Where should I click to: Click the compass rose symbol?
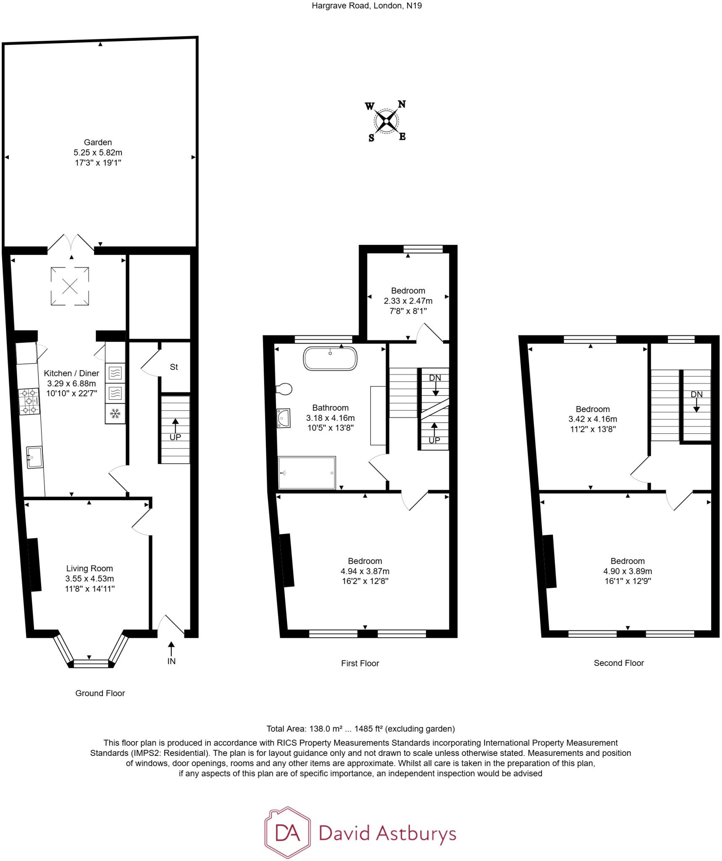point(386,121)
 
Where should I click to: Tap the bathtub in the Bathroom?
point(330,358)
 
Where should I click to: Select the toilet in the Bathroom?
point(284,389)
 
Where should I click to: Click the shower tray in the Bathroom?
point(307,473)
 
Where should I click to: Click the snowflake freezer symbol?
point(115,414)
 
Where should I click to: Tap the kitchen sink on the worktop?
point(34,457)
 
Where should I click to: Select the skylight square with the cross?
point(70,286)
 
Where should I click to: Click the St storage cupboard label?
point(174,367)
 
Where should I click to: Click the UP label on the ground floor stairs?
point(175,437)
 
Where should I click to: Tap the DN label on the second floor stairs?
point(696,394)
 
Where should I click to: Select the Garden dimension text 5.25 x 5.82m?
point(98,153)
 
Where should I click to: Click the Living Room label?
point(89,568)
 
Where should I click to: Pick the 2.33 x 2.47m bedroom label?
point(408,301)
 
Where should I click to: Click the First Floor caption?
point(360,663)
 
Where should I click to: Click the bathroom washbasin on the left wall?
point(284,418)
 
